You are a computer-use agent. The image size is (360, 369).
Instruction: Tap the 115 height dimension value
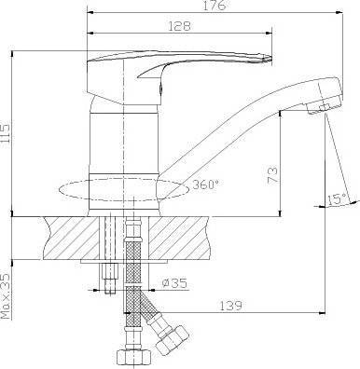(x=6, y=133)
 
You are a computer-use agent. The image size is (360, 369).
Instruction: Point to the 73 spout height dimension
(x=271, y=175)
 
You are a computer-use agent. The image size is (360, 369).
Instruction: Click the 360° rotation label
(x=205, y=184)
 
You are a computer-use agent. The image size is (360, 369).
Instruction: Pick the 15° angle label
(x=337, y=199)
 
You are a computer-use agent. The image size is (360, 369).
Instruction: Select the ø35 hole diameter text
(x=174, y=283)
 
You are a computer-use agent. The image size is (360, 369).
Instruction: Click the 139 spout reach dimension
(x=230, y=306)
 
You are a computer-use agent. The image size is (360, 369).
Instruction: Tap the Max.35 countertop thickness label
(x=6, y=296)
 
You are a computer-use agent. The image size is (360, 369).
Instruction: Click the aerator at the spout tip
(x=324, y=106)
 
